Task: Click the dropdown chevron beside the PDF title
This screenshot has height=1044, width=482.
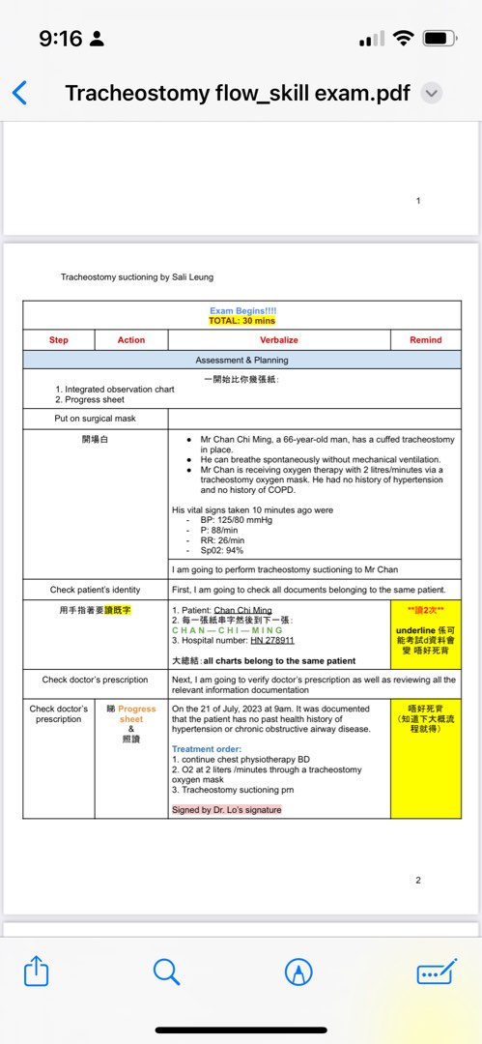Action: point(433,94)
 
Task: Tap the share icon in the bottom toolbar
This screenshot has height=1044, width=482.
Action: point(35,971)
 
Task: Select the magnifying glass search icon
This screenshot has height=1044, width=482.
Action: point(166,971)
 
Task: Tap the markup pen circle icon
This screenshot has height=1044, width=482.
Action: point(298,971)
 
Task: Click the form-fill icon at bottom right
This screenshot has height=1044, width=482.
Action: point(436,971)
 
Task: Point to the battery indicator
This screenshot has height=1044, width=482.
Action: point(440,39)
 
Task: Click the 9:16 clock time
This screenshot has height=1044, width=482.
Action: point(60,39)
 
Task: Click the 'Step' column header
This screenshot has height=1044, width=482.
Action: point(59,340)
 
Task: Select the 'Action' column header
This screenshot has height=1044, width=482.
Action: point(131,340)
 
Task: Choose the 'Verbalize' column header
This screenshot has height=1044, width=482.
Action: point(279,340)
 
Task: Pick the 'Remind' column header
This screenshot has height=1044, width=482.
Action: point(425,340)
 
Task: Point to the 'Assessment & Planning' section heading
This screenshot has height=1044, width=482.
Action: point(241,360)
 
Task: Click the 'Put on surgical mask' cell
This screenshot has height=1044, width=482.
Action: point(96,419)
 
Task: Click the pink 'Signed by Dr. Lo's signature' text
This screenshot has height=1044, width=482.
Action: point(227,809)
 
